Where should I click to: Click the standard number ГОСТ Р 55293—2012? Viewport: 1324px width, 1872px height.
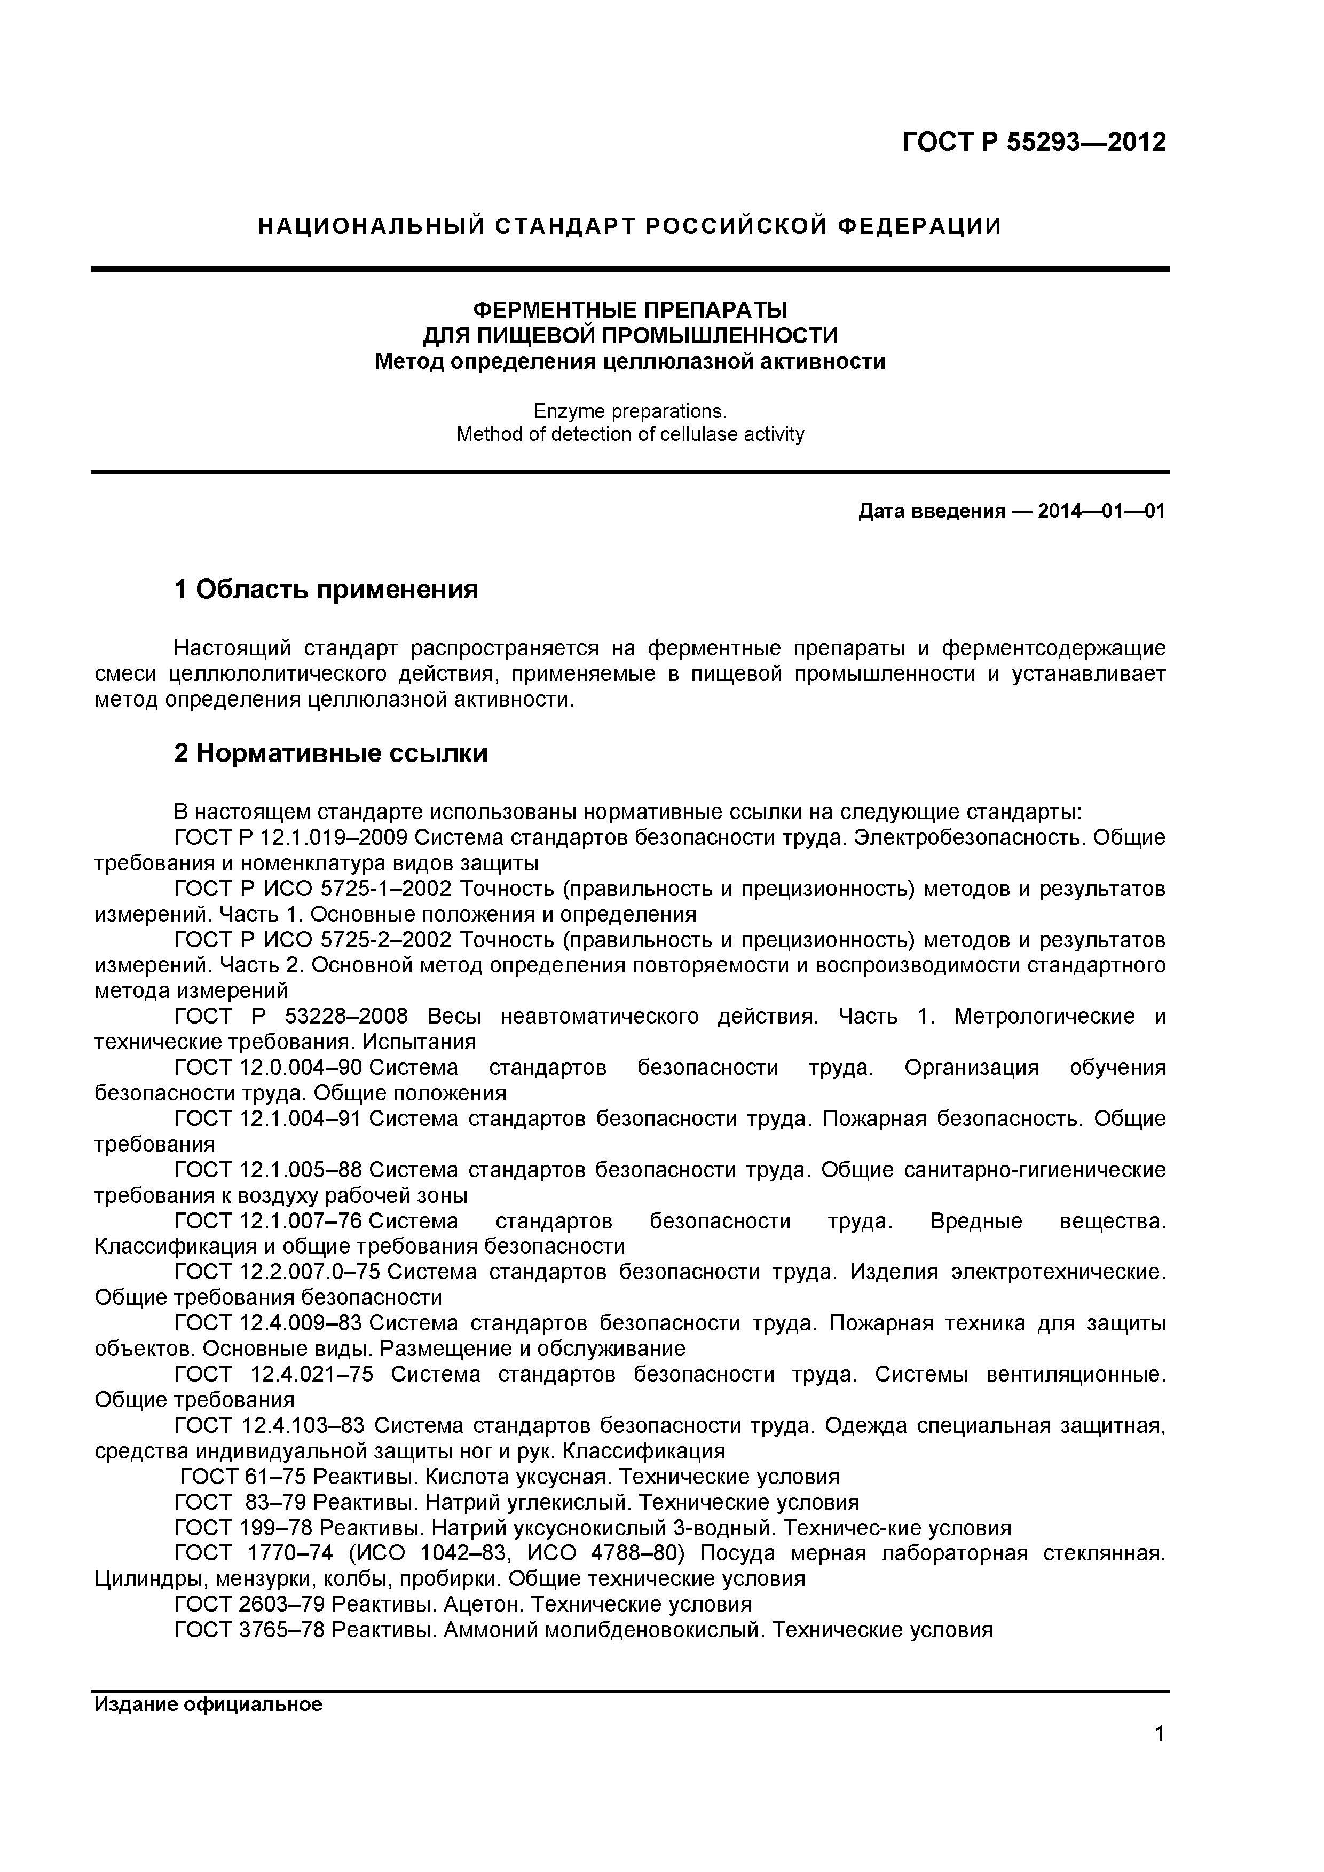point(1034,142)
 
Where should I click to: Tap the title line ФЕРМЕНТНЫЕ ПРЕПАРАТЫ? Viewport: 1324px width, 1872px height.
point(630,310)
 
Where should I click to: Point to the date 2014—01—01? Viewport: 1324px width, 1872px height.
point(1101,512)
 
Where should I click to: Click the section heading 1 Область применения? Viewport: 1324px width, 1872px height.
point(326,589)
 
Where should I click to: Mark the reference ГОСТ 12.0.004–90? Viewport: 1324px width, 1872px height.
point(269,1067)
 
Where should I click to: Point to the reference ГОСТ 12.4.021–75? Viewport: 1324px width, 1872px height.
point(274,1375)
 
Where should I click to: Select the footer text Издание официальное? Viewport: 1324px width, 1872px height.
point(209,1704)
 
